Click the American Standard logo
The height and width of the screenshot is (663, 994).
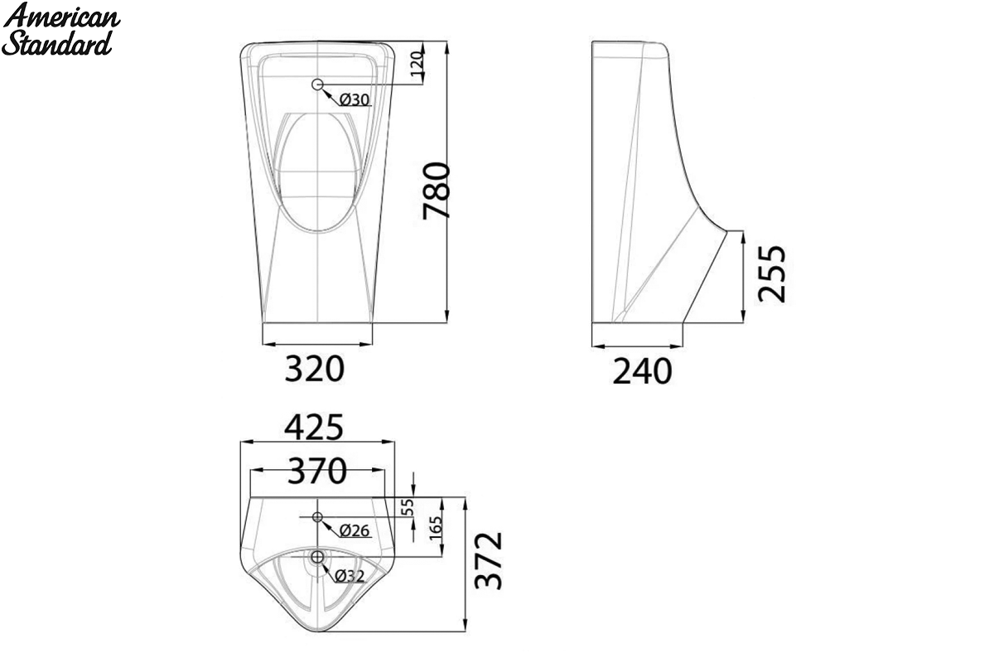click(60, 29)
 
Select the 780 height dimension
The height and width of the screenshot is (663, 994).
click(437, 191)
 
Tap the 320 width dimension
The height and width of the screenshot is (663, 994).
click(314, 369)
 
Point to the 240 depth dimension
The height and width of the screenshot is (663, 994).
click(642, 371)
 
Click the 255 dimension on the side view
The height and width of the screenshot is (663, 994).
click(772, 273)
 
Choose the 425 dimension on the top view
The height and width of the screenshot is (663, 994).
click(314, 427)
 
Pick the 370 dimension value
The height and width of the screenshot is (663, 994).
click(316, 471)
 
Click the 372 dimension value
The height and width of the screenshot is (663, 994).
click(488, 561)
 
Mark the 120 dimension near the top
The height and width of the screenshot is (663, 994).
click(417, 64)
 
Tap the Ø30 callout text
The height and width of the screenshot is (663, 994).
click(355, 100)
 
